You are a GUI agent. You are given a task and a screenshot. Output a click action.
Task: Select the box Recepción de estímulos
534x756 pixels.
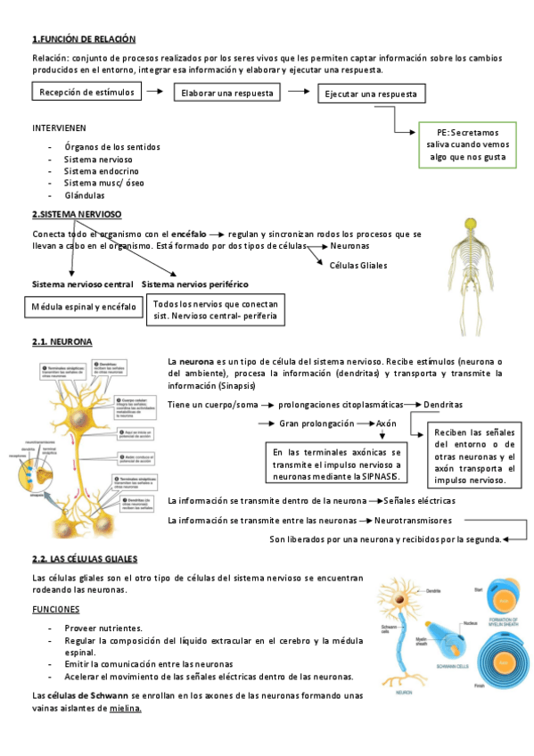pos(86,91)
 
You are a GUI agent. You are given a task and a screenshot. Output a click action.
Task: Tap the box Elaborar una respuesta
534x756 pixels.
pos(226,93)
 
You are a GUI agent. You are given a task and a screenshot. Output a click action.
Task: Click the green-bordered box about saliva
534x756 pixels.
pos(467,144)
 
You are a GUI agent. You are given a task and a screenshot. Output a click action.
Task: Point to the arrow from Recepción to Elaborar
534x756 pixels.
pos(155,91)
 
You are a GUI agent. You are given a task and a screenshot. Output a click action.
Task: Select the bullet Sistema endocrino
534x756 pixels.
pos(101,170)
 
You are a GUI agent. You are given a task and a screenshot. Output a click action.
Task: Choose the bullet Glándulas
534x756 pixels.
pos(85,195)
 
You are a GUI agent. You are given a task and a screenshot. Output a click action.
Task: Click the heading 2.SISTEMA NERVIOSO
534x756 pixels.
pos(77,215)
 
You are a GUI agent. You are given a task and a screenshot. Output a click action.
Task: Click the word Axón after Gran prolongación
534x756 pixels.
pos(386,423)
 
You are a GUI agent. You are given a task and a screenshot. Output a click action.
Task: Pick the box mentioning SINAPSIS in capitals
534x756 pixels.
pos(337,465)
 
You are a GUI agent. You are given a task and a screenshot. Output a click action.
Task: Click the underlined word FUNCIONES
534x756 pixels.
pos(55,609)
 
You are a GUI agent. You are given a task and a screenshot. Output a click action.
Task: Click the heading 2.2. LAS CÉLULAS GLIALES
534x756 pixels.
pos(85,558)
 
